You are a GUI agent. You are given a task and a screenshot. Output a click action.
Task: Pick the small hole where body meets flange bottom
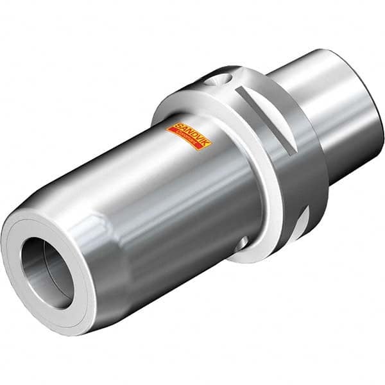coord(243,243)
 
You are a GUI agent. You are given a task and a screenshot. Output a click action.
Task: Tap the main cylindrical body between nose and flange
coord(186,193)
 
